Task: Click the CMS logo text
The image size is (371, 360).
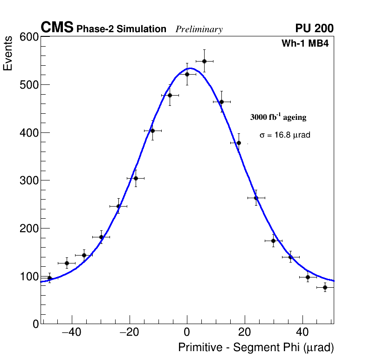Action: pyautogui.click(x=57, y=28)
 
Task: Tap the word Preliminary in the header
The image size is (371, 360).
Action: pyautogui.click(x=199, y=29)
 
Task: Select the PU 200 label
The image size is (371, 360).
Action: pyautogui.click(x=314, y=28)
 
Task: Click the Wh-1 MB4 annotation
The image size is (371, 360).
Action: pyautogui.click(x=308, y=44)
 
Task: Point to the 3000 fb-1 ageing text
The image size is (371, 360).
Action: pyautogui.click(x=278, y=117)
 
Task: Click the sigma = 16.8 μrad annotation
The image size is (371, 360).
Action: pyautogui.click(x=285, y=135)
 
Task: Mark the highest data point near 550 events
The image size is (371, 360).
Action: pyautogui.click(x=204, y=61)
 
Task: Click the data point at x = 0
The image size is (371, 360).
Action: pyautogui.click(x=187, y=74)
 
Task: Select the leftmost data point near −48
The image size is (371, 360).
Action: pyautogui.click(x=49, y=278)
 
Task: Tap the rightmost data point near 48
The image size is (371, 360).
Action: pyautogui.click(x=325, y=287)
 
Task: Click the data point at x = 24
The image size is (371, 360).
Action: pyautogui.click(x=256, y=198)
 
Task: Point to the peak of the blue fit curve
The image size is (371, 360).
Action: pyautogui.click(x=190, y=68)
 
